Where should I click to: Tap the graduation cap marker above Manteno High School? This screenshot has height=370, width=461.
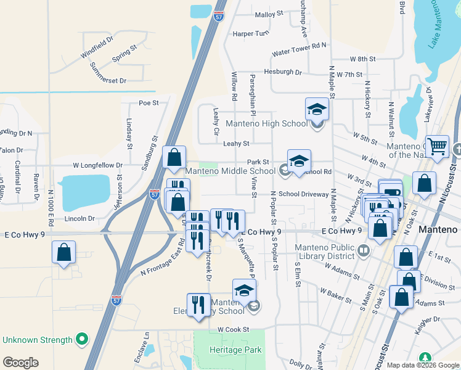[317, 110]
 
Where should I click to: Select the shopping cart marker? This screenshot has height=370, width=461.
[437, 147]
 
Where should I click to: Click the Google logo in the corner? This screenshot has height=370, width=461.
[20, 363]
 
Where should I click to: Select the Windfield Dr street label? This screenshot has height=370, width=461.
[97, 47]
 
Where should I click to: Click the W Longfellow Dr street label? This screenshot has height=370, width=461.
[98, 165]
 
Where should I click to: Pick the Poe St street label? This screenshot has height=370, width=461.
[149, 103]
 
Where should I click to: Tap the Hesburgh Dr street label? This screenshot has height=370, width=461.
[283, 72]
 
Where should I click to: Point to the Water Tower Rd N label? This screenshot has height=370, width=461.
[303, 45]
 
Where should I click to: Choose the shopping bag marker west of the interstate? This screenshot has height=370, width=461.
[63, 252]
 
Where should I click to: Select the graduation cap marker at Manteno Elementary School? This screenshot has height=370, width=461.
[244, 290]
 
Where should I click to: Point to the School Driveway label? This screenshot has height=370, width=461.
[304, 194]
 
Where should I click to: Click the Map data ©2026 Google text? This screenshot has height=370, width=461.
[423, 365]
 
